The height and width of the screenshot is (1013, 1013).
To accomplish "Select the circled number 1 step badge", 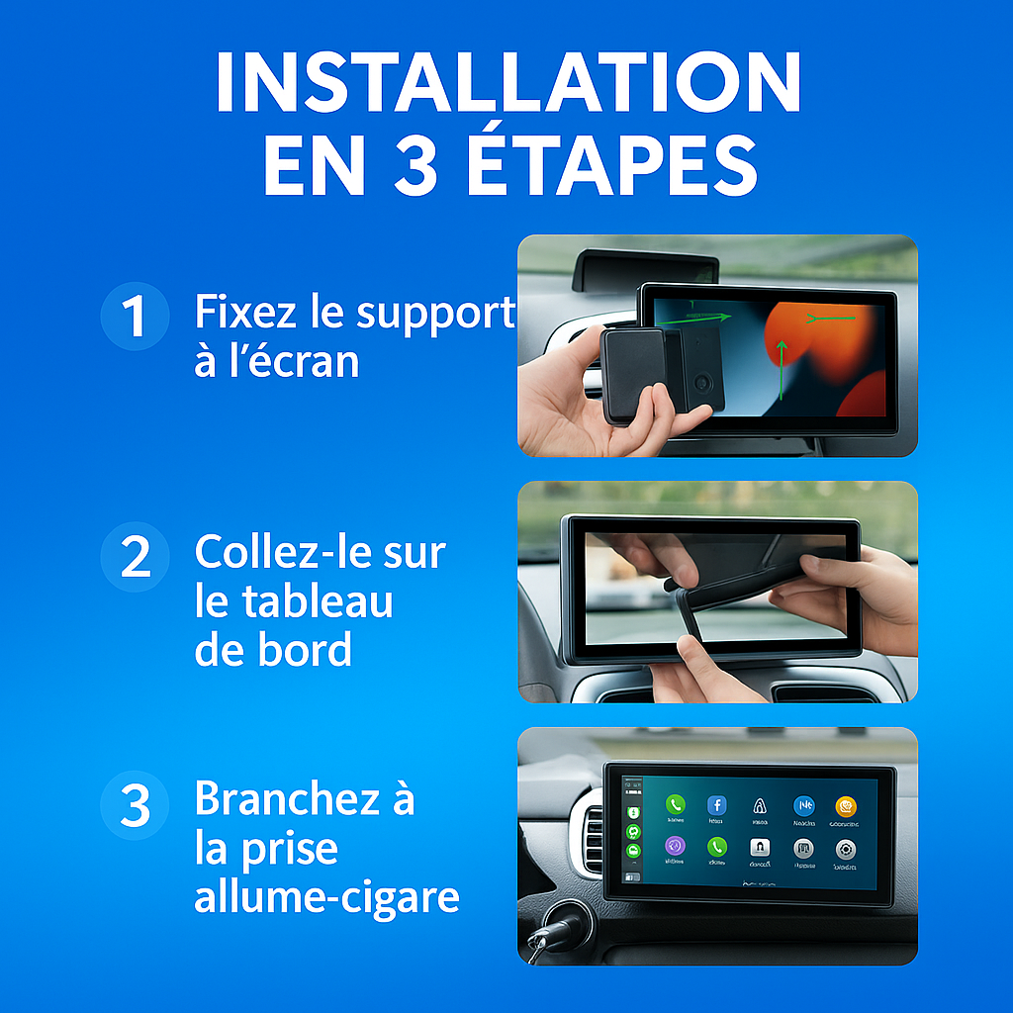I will click(x=134, y=316).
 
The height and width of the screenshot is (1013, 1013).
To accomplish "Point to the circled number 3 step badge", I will click(x=134, y=805).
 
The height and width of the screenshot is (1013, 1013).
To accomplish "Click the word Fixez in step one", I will click(x=244, y=312).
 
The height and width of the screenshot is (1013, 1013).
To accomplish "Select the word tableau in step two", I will click(x=294, y=601).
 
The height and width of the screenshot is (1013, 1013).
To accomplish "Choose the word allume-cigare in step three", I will click(x=326, y=896).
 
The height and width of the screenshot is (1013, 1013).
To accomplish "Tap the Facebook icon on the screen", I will click(x=717, y=806).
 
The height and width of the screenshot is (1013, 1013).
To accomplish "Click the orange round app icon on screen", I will click(x=845, y=806).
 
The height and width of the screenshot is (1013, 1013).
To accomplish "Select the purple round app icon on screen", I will click(x=676, y=847).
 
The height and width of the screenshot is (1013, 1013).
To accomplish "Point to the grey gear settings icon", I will click(x=845, y=849).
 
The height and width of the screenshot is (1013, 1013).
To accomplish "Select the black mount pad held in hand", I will click(x=633, y=375).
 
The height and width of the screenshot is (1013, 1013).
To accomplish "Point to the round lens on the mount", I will click(x=701, y=382).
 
